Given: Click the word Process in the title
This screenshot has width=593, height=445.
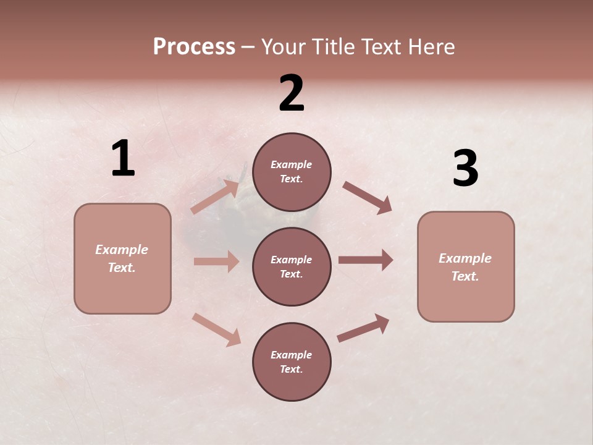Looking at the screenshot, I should pos(194,47).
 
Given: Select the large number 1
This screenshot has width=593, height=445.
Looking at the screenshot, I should pos(123,159).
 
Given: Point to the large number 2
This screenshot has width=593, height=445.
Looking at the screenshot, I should pos(292,93).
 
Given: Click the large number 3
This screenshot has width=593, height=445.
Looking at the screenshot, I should pos(465,169).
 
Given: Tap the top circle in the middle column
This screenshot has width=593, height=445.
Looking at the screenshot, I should pos(292,172).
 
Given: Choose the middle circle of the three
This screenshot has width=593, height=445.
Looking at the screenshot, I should pos(292,266).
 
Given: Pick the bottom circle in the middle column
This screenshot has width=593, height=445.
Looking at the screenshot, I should pos(292,362).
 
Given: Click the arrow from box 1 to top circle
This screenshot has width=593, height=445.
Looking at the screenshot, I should pos(215,197).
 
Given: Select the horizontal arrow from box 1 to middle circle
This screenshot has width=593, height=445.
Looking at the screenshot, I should pos(216,261).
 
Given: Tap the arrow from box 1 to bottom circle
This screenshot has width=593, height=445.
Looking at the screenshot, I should pos(216,329).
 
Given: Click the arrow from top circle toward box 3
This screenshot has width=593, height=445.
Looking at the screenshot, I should pos(368,198).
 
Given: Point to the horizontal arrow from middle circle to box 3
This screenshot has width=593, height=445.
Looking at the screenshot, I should pos(365,260).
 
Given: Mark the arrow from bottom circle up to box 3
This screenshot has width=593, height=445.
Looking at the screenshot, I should pos(363,328).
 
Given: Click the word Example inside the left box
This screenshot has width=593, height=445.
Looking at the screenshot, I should pos(122,250).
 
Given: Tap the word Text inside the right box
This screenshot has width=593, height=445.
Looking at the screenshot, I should pos(465,276).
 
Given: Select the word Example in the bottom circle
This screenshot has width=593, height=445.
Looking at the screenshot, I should pos(291,355).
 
